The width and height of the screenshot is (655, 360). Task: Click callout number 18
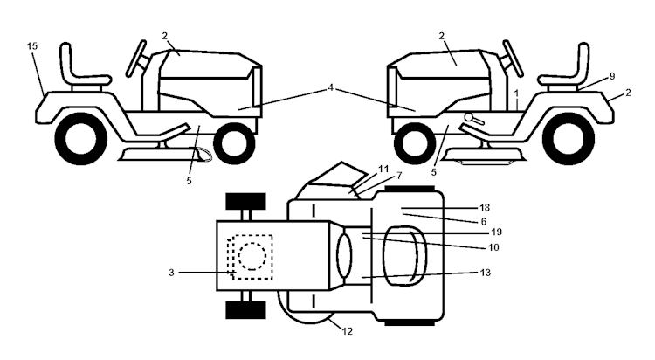[485, 207]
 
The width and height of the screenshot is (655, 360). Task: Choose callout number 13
[485, 273]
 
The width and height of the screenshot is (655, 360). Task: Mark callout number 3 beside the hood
[171, 273]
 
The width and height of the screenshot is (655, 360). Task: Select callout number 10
[493, 247]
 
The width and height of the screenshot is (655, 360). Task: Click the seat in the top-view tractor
[403, 253]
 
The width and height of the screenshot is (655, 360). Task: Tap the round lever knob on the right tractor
[469, 116]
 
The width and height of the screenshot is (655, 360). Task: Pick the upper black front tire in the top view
[245, 201]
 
